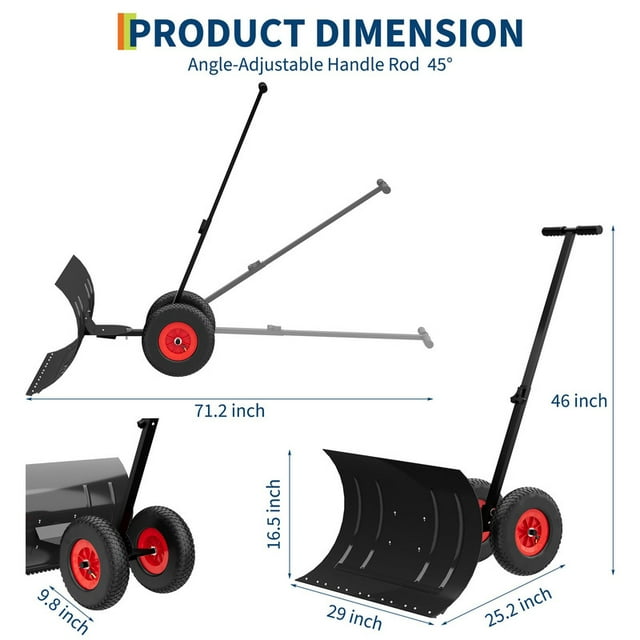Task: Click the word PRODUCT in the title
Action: (218, 33)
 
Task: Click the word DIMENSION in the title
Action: (419, 33)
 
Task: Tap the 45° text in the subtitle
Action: (440, 64)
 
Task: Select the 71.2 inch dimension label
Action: (229, 411)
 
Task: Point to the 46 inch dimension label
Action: (579, 401)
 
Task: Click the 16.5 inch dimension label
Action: (274, 514)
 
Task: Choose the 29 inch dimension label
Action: (354, 618)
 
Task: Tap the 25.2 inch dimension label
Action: (518, 607)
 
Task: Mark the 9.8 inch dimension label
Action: (63, 612)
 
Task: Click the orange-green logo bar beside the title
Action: (127, 31)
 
